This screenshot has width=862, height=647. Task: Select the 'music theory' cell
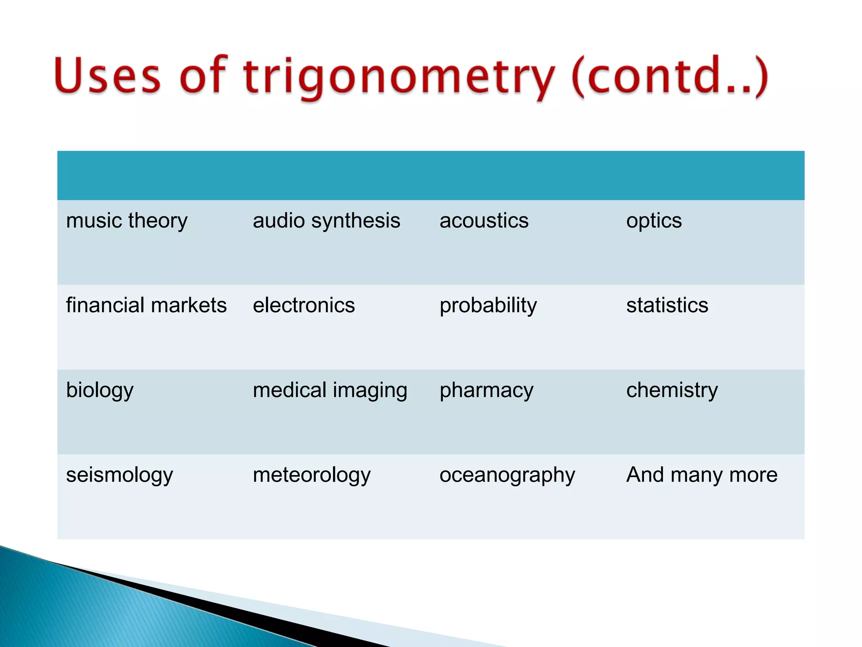[127, 221]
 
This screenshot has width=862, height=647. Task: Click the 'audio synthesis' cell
[326, 221]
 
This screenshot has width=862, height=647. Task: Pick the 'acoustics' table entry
[484, 221]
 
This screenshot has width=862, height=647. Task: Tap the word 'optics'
[654, 221]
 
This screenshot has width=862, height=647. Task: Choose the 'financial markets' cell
[146, 305]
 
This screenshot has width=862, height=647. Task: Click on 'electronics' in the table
[303, 305]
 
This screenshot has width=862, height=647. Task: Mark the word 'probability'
[488, 306]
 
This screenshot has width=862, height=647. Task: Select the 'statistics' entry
[667, 305]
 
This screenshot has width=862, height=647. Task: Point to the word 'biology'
[100, 390]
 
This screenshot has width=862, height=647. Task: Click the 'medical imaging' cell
[330, 390]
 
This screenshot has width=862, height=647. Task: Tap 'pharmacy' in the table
[486, 390]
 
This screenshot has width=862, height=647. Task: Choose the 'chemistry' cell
[672, 390]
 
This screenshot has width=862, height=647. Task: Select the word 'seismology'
[120, 475]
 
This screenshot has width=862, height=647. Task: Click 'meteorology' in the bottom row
[311, 475]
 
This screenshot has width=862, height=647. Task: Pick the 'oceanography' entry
[507, 476]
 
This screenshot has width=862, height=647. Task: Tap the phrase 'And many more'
[702, 475]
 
